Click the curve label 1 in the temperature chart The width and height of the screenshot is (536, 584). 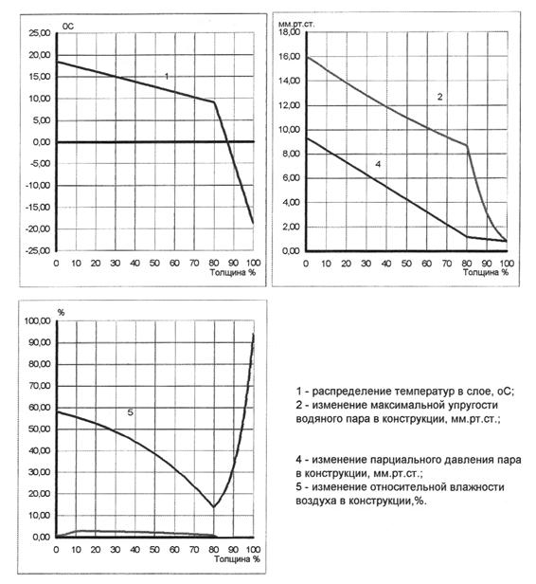pos(167,76)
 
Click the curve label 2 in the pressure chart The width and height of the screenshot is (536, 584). pos(439,97)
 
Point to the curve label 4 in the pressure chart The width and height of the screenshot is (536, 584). pos(378,164)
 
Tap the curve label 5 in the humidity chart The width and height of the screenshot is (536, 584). pos(130,412)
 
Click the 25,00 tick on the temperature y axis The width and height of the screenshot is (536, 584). pos(40,33)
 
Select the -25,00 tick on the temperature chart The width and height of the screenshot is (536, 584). pos(38,250)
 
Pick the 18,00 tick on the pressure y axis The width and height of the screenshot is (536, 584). pos(289,32)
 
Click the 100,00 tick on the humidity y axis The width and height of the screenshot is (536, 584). pos(38,320)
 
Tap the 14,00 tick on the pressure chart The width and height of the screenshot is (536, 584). pos(289,81)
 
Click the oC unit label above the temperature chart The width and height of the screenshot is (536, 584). pos(68,27)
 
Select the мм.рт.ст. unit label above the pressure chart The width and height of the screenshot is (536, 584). pos(296,25)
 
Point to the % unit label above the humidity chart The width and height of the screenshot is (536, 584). pos(61,313)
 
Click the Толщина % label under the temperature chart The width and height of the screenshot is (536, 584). pos(233,272)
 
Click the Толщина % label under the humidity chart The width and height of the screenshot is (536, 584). pos(237,558)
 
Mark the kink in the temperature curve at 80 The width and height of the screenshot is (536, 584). pos(214,102)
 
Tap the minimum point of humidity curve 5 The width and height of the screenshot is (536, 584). pos(214,506)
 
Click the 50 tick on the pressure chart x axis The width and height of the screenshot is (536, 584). pos(406,264)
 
